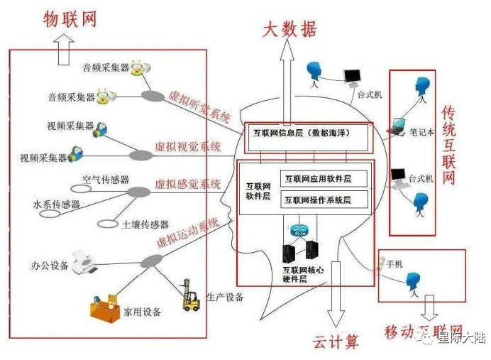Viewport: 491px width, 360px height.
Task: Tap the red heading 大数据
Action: click(x=290, y=28)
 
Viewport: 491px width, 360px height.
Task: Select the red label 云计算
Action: click(x=336, y=342)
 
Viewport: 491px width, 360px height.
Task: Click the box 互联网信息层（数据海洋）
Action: click(x=307, y=133)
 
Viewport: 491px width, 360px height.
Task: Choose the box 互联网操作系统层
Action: click(x=324, y=200)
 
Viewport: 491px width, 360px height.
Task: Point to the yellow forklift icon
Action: click(x=191, y=295)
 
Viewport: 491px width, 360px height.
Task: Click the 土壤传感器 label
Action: click(x=145, y=224)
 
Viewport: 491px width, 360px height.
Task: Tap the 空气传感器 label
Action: click(x=106, y=180)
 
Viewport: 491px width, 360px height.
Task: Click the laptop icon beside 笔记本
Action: click(x=396, y=128)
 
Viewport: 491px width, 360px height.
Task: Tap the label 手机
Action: click(x=395, y=264)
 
